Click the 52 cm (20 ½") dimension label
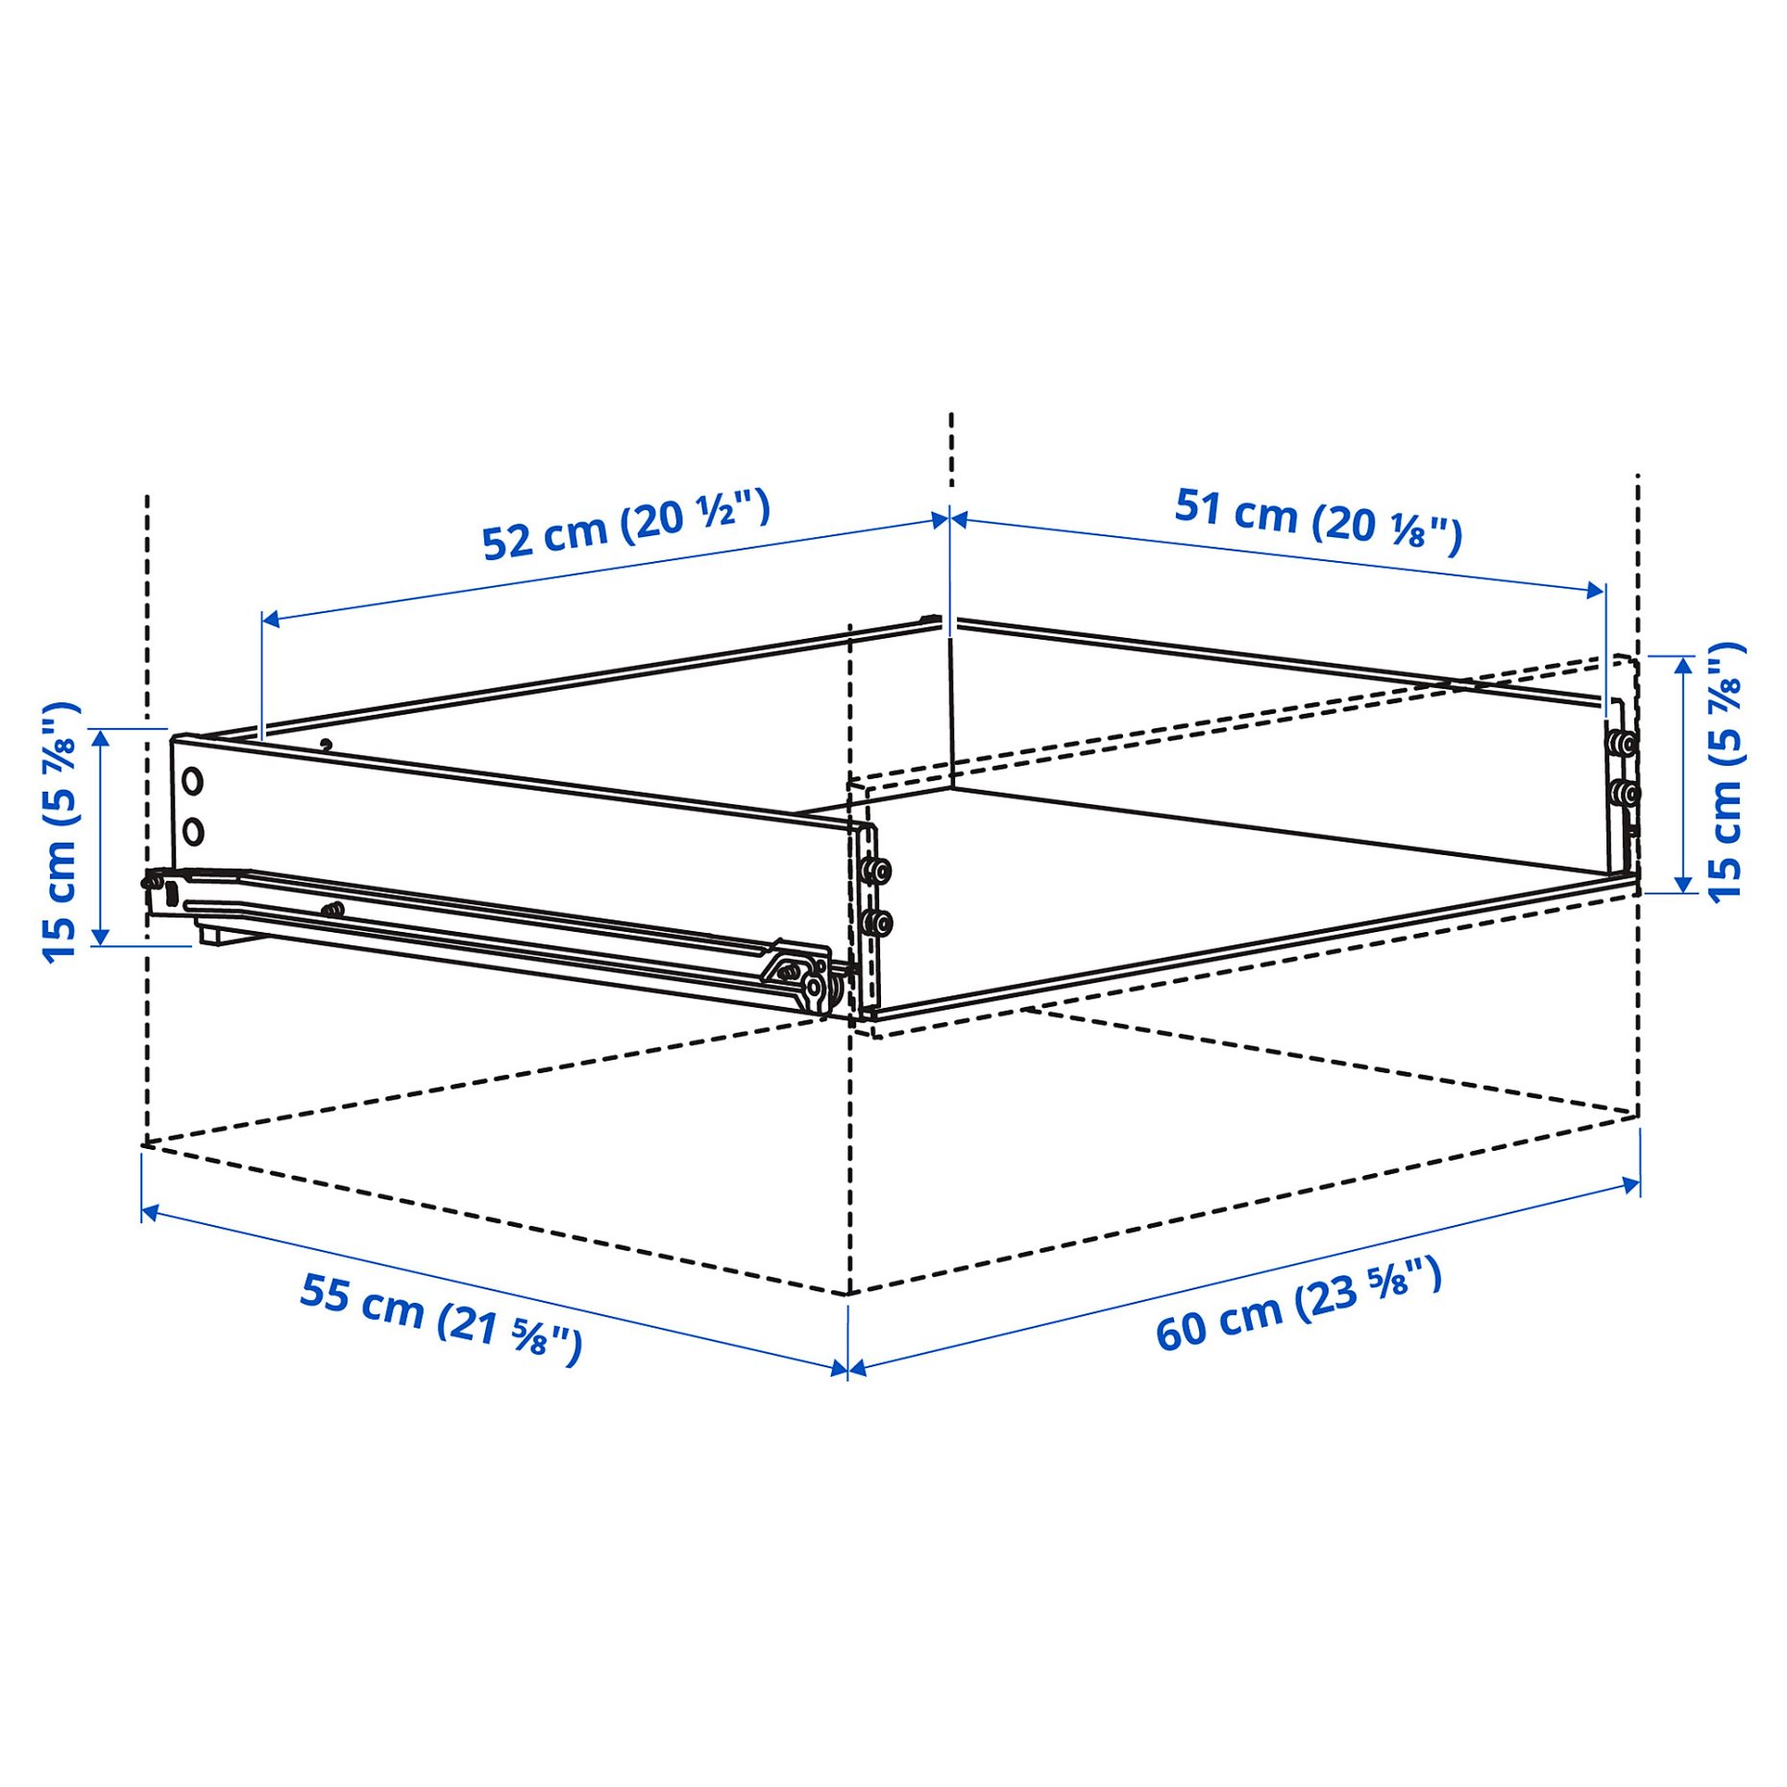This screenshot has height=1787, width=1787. [x=624, y=526]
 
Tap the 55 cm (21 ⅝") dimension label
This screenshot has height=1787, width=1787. [x=441, y=1317]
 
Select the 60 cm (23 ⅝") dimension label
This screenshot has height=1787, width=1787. [x=1298, y=1305]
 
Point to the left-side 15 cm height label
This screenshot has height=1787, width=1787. [x=61, y=832]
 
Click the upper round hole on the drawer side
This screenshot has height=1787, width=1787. [x=193, y=781]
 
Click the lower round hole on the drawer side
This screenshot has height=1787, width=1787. [x=193, y=831]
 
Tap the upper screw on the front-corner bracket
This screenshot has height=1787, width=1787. [x=875, y=871]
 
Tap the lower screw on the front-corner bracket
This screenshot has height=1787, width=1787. [x=875, y=923]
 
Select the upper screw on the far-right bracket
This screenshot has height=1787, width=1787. [x=1625, y=743]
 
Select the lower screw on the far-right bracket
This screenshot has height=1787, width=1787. [x=1625, y=794]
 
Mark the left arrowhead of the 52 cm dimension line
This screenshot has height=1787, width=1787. [x=270, y=619]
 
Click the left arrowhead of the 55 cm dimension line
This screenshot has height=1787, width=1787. [x=149, y=1213]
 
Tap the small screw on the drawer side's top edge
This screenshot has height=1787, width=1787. [x=327, y=745]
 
